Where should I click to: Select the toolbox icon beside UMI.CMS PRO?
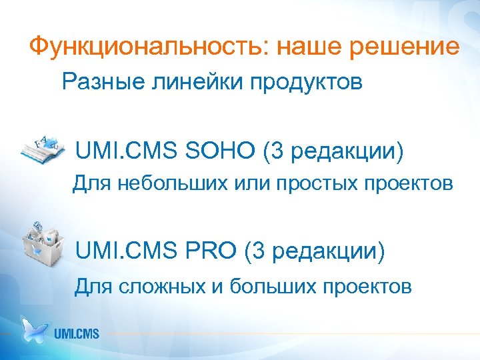point(41,244)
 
